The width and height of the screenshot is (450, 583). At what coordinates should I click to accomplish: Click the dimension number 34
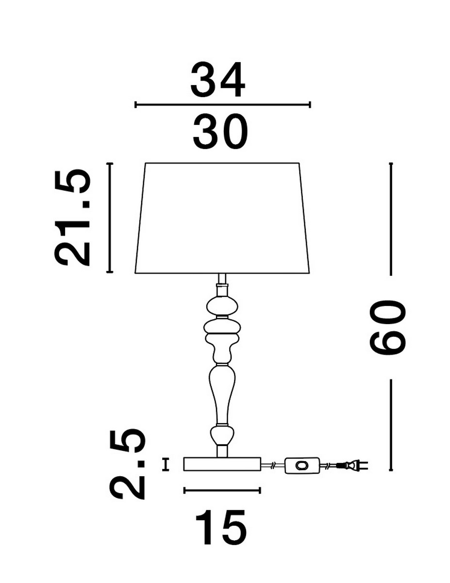[217, 80]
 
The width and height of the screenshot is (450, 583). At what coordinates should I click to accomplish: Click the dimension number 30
[220, 131]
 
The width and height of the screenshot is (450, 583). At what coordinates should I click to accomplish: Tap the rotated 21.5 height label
[72, 217]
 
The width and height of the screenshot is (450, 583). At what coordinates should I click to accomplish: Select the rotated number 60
[387, 327]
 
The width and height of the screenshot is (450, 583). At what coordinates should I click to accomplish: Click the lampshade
[222, 218]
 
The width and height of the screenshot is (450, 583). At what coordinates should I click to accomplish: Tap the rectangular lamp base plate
[222, 464]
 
